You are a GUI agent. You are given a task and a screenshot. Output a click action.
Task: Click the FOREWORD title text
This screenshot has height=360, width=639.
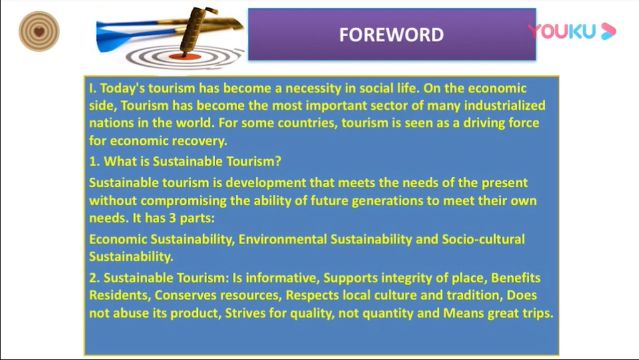pyautogui.click(x=391, y=34)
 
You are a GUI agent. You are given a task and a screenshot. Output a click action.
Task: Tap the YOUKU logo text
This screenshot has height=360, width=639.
pyautogui.click(x=562, y=31)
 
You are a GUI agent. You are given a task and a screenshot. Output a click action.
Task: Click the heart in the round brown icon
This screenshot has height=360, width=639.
pyautogui.click(x=39, y=32)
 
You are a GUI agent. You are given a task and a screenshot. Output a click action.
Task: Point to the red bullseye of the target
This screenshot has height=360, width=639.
pyautogui.click(x=185, y=56)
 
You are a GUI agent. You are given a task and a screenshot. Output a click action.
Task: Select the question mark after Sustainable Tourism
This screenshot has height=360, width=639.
pyautogui.click(x=278, y=161)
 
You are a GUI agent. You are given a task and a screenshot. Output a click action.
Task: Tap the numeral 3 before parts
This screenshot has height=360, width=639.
pyautogui.click(x=172, y=218)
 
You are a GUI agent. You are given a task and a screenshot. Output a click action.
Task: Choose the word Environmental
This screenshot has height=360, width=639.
pyautogui.click(x=283, y=239)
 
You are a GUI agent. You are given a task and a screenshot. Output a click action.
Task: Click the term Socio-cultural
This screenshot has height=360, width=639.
pyautogui.click(x=484, y=239)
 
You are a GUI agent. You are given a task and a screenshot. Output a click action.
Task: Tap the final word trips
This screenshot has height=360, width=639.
pyautogui.click(x=536, y=313)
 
